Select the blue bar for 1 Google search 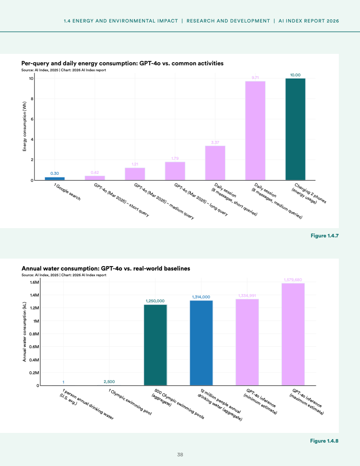pyautogui.click(x=55, y=179)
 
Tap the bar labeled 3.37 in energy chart pyautogui.click(x=215, y=163)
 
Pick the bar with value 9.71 pyautogui.click(x=255, y=131)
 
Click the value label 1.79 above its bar pyautogui.click(x=175, y=158)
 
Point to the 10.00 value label pyautogui.click(x=295, y=75)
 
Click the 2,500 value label pyautogui.click(x=109, y=381)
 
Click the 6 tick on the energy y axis pyautogui.click(x=32, y=119)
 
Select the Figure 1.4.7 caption pyautogui.click(x=324, y=237)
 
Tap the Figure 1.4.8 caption pyautogui.click(x=324, y=441)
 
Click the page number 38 pyautogui.click(x=180, y=455)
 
